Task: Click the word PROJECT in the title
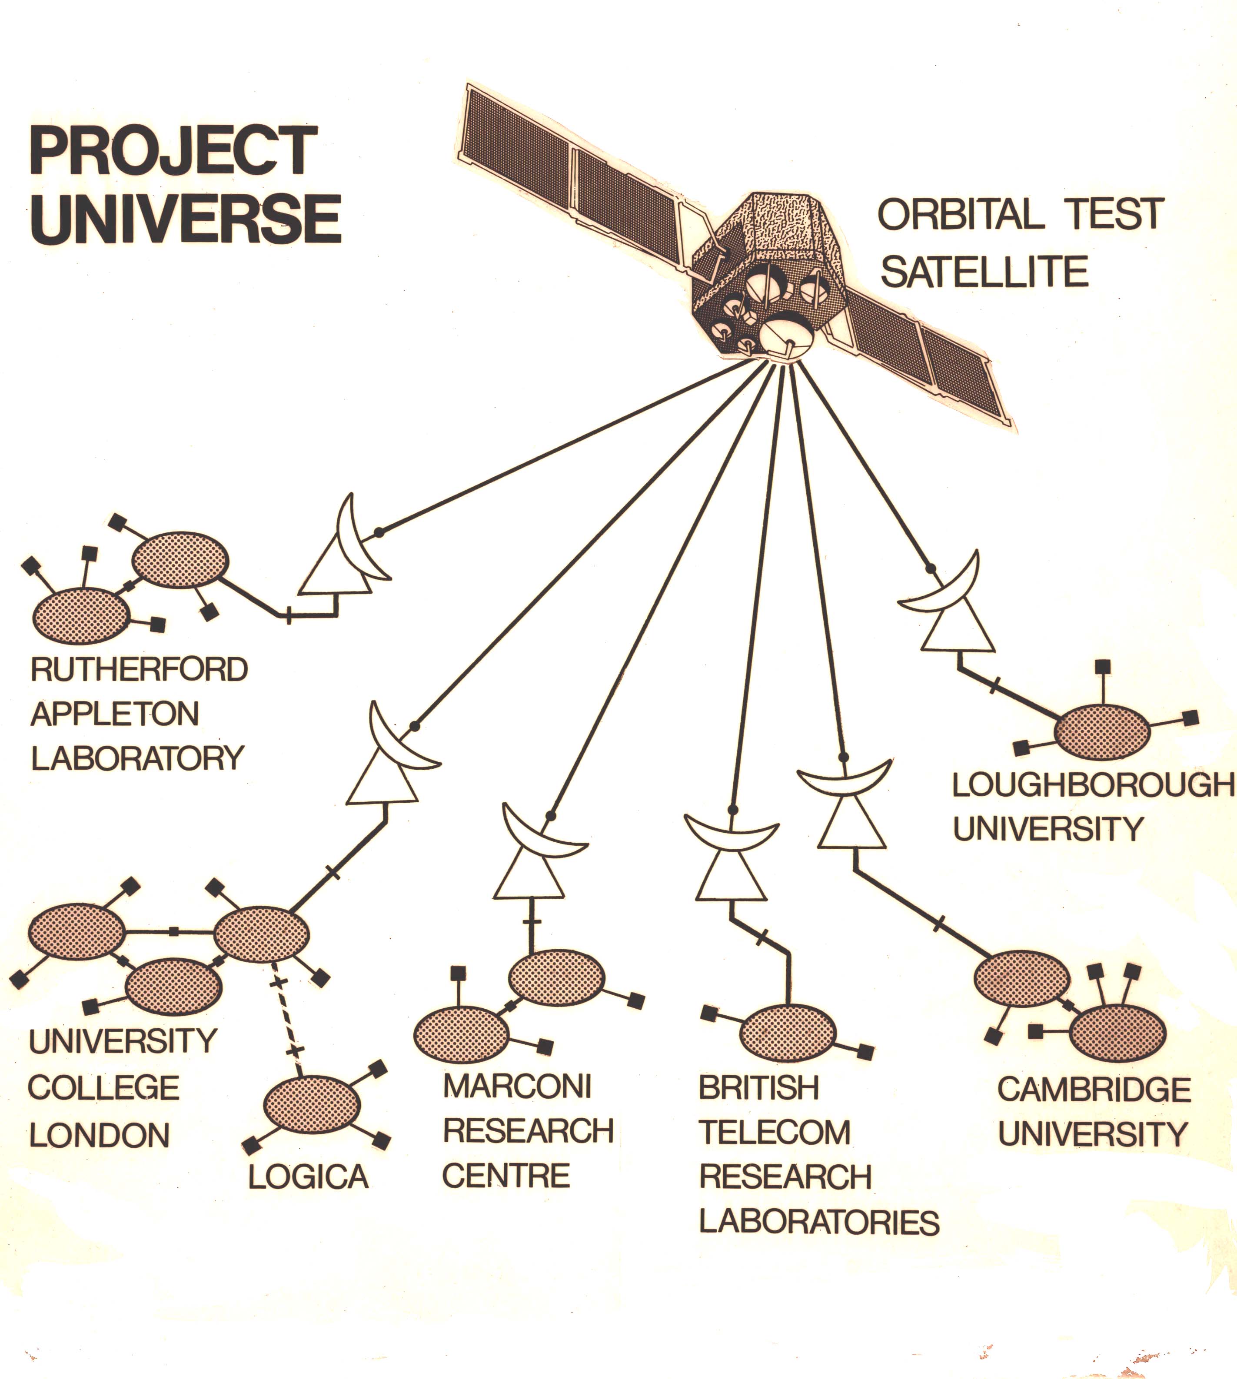pyautogui.click(x=173, y=151)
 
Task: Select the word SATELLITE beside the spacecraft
pyautogui.click(x=984, y=272)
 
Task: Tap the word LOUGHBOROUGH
pyautogui.click(x=1093, y=786)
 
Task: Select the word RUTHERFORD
pyautogui.click(x=140, y=670)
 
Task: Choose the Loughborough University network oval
pyautogui.click(x=1102, y=732)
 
